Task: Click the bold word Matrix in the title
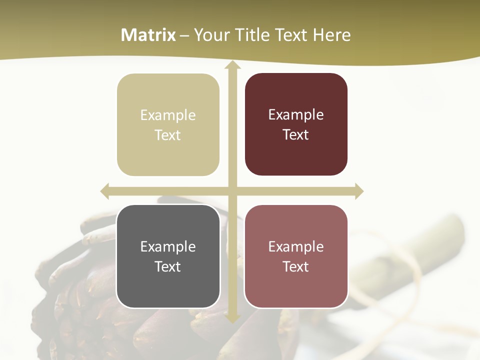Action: click(148, 35)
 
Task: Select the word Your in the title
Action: click(209, 35)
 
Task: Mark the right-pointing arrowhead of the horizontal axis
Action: click(359, 191)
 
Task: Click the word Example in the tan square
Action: click(168, 115)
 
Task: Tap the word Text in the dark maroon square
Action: click(296, 135)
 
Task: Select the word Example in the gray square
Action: click(168, 246)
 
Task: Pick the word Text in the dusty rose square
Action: click(296, 266)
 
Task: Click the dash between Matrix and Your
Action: click(184, 35)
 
